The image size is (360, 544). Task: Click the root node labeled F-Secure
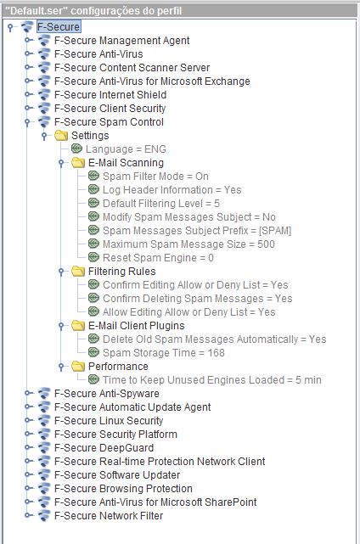[x=59, y=26]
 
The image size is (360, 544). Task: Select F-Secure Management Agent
[x=122, y=41]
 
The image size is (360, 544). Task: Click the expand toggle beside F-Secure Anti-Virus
[x=28, y=53]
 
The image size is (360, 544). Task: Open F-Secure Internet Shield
[x=110, y=95]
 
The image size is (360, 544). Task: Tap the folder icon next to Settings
[x=61, y=135]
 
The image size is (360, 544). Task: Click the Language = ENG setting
[x=126, y=149]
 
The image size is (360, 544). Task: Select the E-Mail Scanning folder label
[x=126, y=163]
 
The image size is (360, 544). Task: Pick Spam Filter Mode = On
[x=155, y=177]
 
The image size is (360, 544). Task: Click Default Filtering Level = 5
[x=161, y=204]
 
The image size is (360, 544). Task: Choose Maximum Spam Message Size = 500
[x=188, y=244]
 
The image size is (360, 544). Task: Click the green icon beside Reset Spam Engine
[x=93, y=257]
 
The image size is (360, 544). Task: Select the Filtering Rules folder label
[x=122, y=272]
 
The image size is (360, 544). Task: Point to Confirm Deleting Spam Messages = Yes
[x=198, y=299]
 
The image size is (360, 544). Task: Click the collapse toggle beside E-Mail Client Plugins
[x=61, y=326]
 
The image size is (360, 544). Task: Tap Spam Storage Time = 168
[x=164, y=353]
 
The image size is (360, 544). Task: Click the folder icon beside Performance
[x=78, y=366]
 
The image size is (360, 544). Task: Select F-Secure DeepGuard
[x=104, y=448]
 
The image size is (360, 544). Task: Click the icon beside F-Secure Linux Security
[x=44, y=420]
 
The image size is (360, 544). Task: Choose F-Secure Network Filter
[x=109, y=515]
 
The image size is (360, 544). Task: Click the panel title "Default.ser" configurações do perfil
[x=93, y=11]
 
